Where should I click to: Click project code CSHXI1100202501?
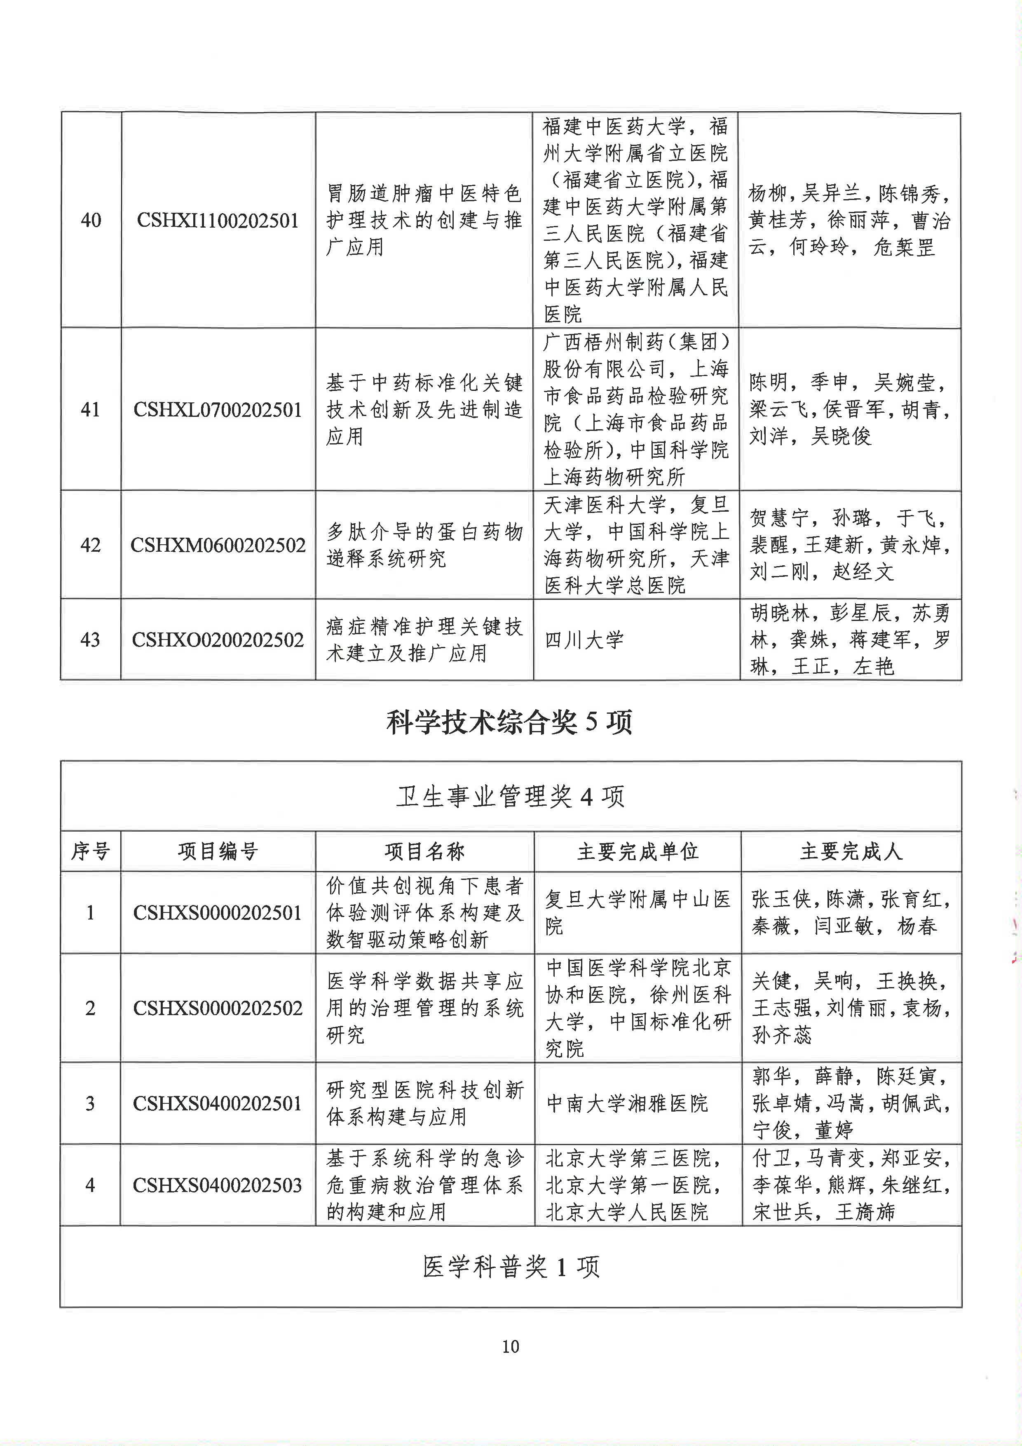coord(218,221)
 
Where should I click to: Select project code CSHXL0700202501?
coord(218,410)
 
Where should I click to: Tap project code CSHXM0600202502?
coord(218,545)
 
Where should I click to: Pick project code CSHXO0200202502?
coord(218,640)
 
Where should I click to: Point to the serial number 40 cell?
coord(91,221)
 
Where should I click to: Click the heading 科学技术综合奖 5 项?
coord(510,722)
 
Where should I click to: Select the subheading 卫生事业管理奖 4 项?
coord(510,797)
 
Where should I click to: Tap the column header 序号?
coord(91,851)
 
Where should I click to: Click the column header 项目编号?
coord(218,851)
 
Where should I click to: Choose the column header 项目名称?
coord(425,851)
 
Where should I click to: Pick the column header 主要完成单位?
coord(638,851)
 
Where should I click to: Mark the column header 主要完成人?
coord(851,851)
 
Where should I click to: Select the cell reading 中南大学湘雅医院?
coord(627,1103)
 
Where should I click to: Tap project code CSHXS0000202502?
coord(218,1008)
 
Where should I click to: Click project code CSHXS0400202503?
coord(218,1185)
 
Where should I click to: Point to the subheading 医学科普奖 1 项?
coord(510,1267)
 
